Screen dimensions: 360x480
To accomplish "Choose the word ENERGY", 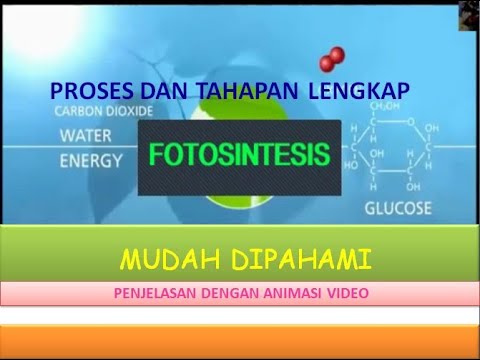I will coord(93,160).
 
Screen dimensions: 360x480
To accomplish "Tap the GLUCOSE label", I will coord(397,209).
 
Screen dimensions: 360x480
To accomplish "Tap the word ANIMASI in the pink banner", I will coord(297,294).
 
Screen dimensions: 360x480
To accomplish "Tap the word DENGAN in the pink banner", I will coord(234,294).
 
